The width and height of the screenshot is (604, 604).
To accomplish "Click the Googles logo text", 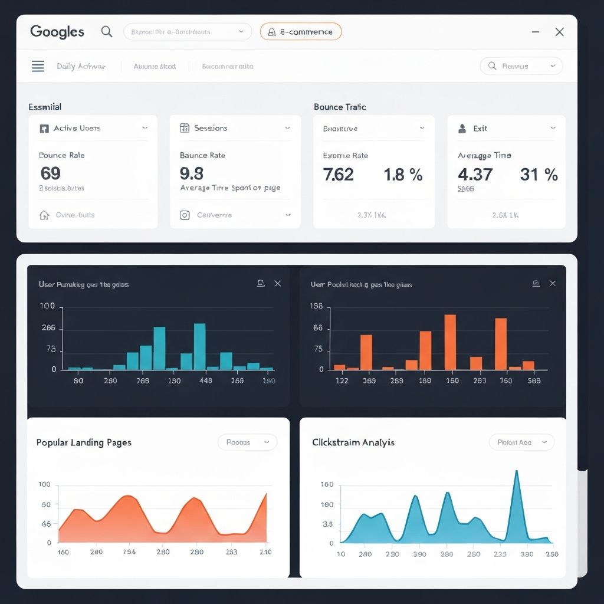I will click(x=57, y=32).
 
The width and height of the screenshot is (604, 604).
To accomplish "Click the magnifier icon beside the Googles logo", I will click(x=107, y=31).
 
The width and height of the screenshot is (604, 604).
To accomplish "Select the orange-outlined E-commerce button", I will click(x=301, y=32).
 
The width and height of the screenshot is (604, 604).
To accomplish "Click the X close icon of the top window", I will click(x=559, y=32).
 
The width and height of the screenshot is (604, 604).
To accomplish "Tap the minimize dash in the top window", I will click(x=536, y=32).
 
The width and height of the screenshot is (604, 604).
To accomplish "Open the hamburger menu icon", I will click(x=38, y=66).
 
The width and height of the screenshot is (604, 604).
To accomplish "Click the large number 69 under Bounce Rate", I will click(x=50, y=173).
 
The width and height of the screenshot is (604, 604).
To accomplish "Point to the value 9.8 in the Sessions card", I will click(x=192, y=173).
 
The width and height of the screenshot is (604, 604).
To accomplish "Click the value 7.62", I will click(x=339, y=175).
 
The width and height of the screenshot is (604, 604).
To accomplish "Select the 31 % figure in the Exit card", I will click(x=539, y=175).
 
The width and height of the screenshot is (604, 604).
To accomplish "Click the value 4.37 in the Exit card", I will click(x=475, y=175).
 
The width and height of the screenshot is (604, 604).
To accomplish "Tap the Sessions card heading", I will click(x=211, y=128).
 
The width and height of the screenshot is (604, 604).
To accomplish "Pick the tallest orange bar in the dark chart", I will click(x=450, y=342).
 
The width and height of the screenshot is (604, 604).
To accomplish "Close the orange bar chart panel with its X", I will click(x=553, y=284).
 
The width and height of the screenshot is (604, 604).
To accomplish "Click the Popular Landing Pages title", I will click(x=84, y=442).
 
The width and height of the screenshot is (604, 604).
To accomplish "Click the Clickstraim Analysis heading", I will click(x=353, y=442).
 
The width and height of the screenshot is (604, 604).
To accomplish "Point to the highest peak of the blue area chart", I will click(x=517, y=472).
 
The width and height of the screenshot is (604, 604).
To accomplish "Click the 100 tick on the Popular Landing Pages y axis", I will click(x=44, y=485).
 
